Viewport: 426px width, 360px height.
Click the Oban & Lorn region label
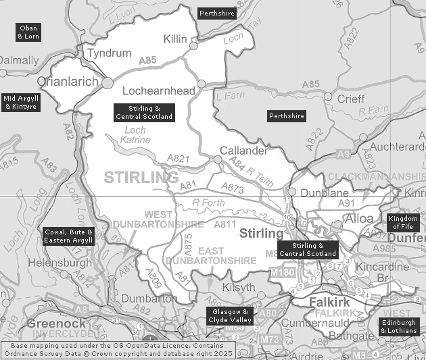tap(28, 32)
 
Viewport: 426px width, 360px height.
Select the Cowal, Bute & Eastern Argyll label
tap(68, 236)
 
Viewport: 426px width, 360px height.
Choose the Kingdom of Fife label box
tap(403, 223)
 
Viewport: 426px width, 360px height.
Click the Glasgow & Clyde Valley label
tap(229, 316)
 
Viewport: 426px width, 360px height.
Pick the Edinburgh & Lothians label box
tap(398, 327)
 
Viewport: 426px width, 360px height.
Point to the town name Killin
tap(175, 39)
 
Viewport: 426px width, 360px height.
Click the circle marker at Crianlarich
tap(108, 82)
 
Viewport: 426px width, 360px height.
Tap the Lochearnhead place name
tap(158, 91)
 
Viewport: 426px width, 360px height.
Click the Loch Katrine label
tap(135, 135)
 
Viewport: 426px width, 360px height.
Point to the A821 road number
tap(178, 159)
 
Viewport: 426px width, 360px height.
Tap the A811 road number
tap(225, 224)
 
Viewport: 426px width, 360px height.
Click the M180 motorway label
tap(282, 272)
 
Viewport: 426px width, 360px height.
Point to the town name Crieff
tap(351, 99)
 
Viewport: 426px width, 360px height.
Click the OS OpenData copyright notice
tap(122, 349)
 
